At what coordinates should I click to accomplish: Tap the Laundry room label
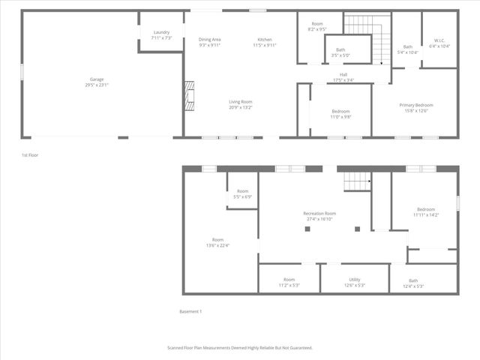coord(162,32)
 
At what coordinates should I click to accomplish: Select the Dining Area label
coord(209,39)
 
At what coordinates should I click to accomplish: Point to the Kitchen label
coord(265,39)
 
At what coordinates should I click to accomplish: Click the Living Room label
coord(241,101)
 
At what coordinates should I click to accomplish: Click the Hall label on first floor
coord(343,74)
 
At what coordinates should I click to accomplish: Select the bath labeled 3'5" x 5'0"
coord(340,55)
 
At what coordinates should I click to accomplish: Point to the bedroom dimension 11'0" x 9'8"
coord(341,117)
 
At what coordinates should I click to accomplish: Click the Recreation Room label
coord(319,214)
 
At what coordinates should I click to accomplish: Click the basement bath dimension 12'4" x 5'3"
coord(413,286)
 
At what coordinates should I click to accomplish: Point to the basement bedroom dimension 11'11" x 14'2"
coord(425,214)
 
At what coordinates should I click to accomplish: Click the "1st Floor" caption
coord(30,155)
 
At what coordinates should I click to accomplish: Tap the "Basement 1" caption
coord(190,311)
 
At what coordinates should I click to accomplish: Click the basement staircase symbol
coord(358,181)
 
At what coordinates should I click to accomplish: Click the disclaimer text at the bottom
coord(239,348)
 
